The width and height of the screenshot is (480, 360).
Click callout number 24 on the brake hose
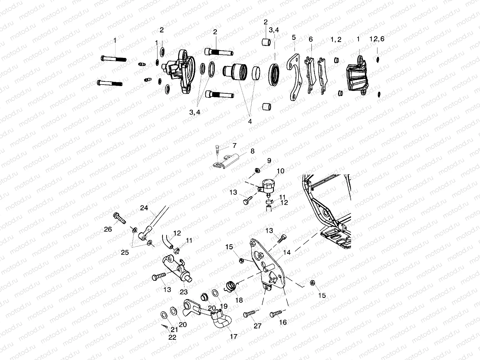[144, 208]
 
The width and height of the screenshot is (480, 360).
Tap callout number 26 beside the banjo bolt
[108, 229]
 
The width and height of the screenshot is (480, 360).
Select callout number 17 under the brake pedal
[233, 337]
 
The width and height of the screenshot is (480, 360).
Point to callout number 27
[257, 326]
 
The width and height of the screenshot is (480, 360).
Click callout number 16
[283, 322]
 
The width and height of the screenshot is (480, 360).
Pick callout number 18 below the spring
[239, 300]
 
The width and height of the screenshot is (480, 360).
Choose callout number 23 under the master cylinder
[183, 292]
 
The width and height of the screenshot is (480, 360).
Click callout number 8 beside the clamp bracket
[252, 151]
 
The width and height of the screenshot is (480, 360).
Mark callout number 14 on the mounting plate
[287, 253]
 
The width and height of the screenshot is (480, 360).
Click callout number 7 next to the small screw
[234, 145]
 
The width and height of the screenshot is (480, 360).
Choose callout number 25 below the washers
[125, 252]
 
